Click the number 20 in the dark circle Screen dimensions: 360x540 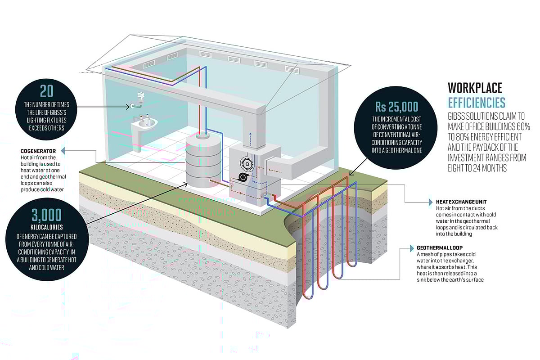[46, 92]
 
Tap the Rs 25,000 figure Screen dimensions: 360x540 [396, 107]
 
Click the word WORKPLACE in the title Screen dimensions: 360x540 [475, 88]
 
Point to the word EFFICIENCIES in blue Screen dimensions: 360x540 [477, 102]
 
